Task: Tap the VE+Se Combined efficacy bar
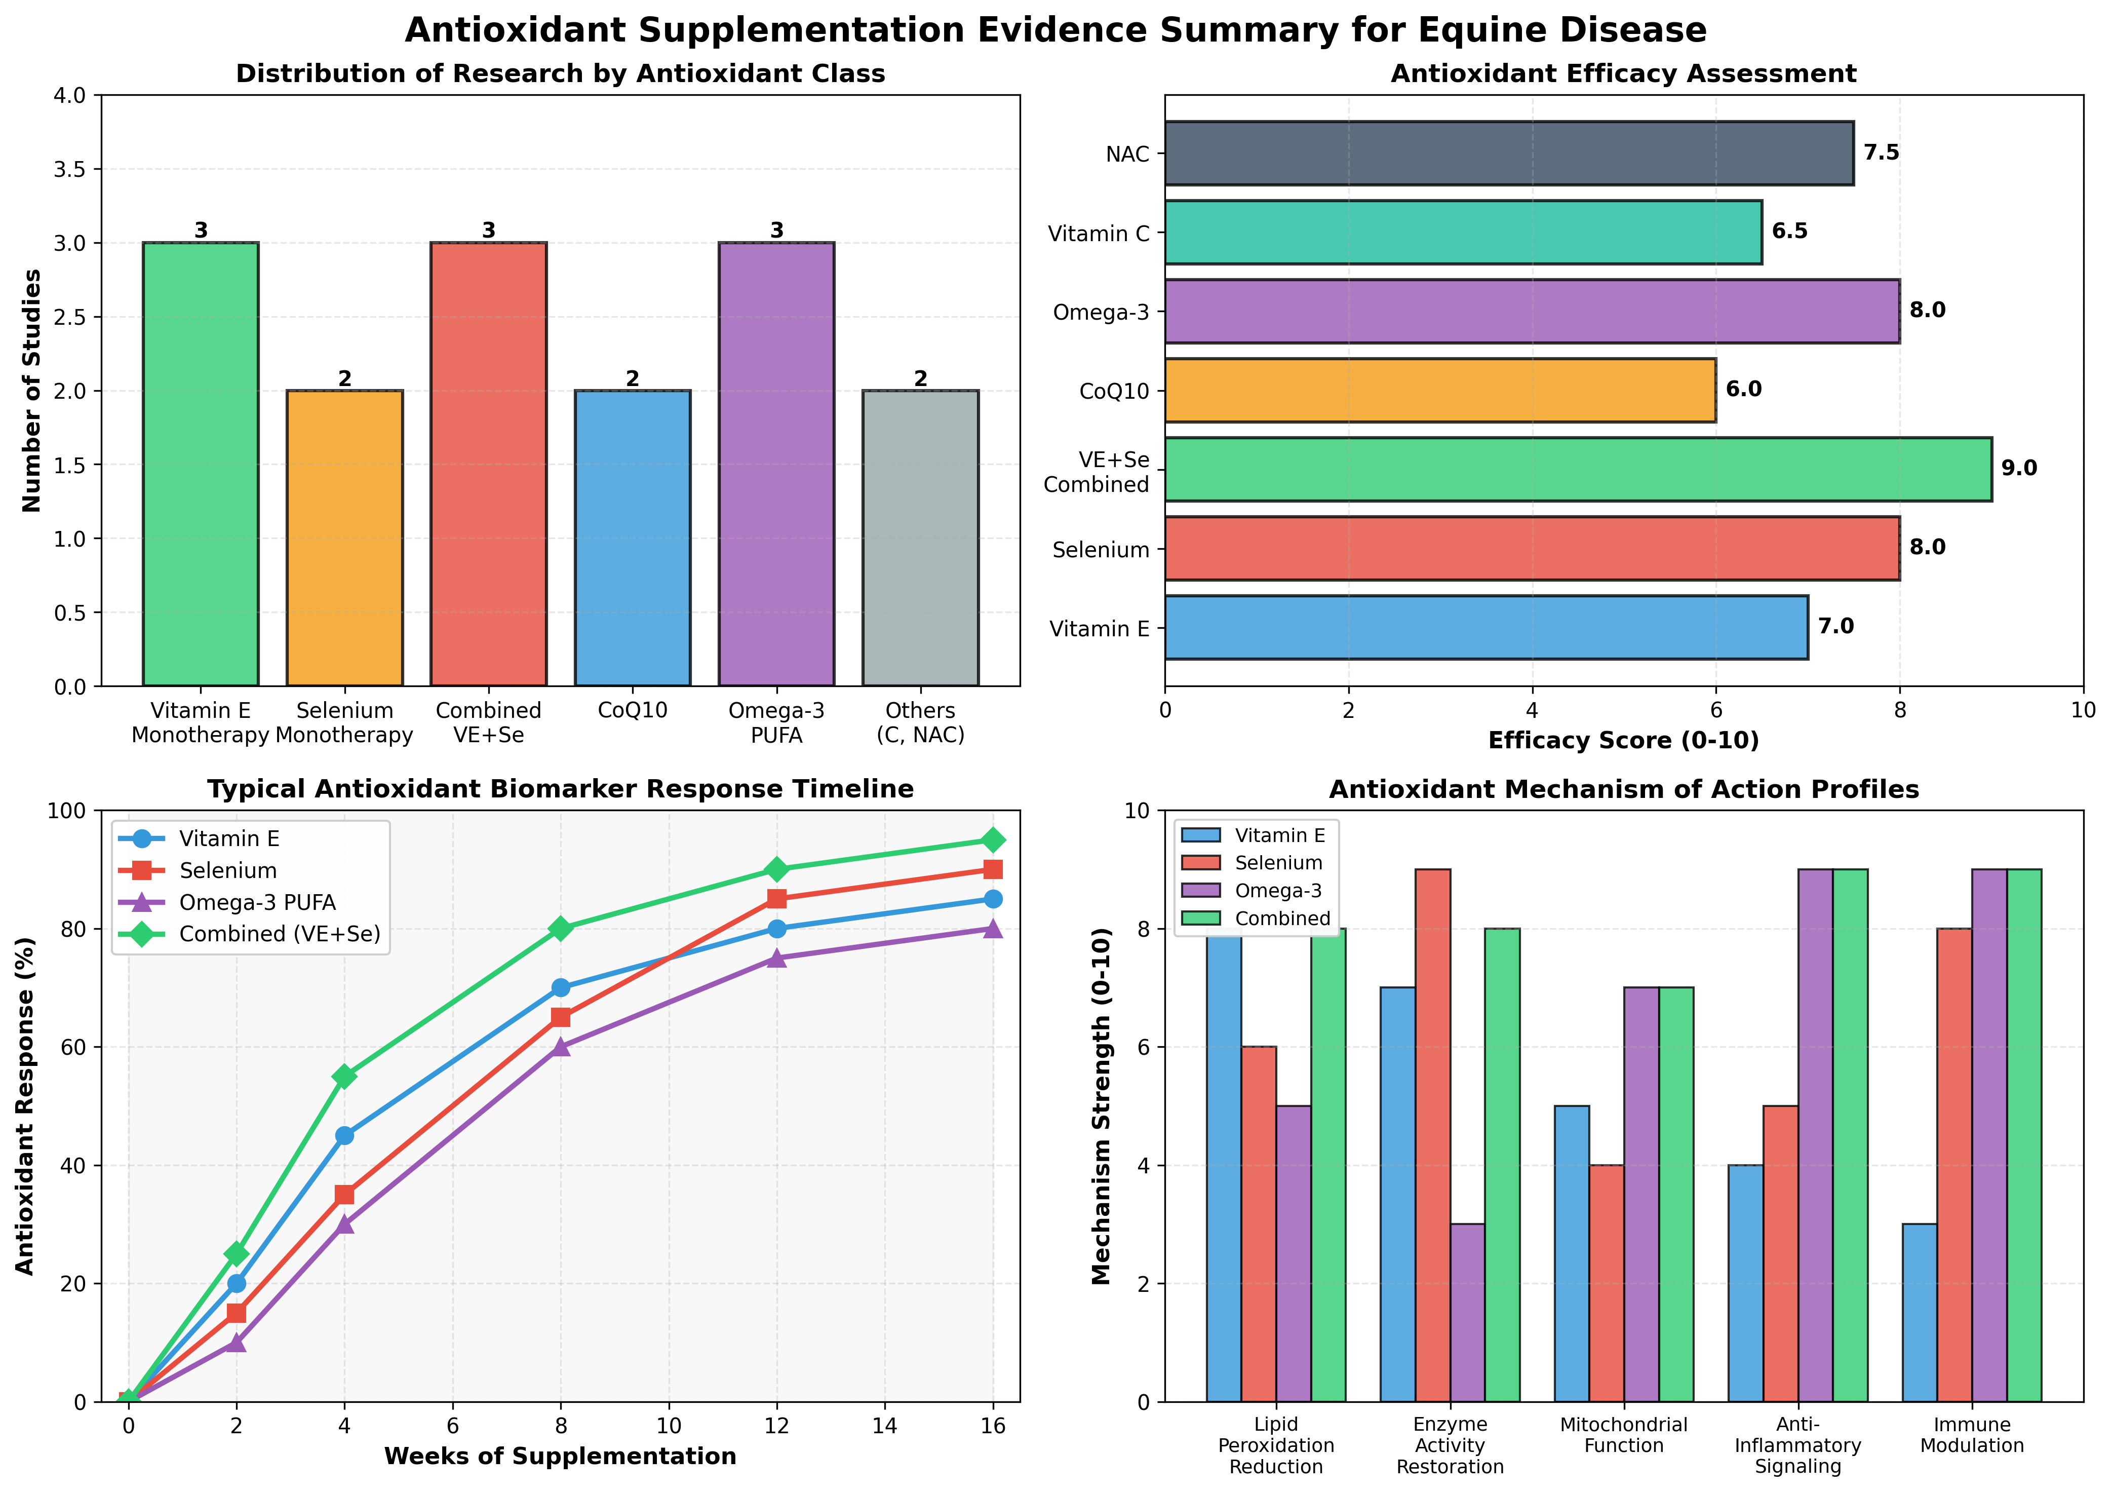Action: pyautogui.click(x=1578, y=469)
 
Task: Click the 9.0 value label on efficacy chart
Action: pyautogui.click(x=2019, y=468)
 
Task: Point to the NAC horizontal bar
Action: pyautogui.click(x=1509, y=152)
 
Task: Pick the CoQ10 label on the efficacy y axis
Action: pyautogui.click(x=1115, y=391)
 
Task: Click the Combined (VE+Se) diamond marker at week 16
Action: pyautogui.click(x=993, y=840)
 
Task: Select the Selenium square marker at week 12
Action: pyautogui.click(x=776, y=899)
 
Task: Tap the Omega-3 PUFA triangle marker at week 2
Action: pyautogui.click(x=237, y=1342)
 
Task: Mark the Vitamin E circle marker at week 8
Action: pyautogui.click(x=560, y=988)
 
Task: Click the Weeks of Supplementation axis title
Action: pyautogui.click(x=560, y=1456)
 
